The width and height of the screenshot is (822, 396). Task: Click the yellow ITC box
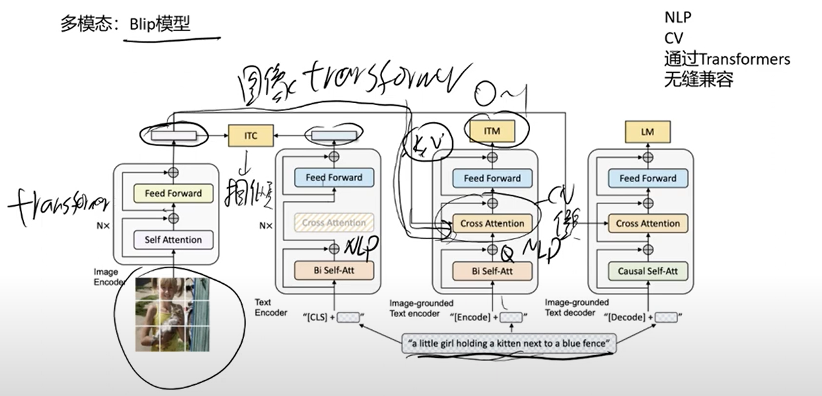250,136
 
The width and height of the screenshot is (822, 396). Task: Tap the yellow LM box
647,132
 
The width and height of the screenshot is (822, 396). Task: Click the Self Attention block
173,240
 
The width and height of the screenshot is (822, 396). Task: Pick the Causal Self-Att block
647,271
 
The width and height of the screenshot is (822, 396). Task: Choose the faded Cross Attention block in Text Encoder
333,223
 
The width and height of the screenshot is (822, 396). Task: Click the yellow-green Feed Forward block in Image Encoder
173,193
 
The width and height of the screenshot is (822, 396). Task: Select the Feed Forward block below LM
647,178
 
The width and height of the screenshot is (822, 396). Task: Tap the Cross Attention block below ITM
492,224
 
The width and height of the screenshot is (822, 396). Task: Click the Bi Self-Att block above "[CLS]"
333,270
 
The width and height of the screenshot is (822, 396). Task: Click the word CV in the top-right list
673,38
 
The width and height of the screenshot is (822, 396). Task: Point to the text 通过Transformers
727,59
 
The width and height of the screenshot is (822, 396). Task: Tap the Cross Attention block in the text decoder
647,224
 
